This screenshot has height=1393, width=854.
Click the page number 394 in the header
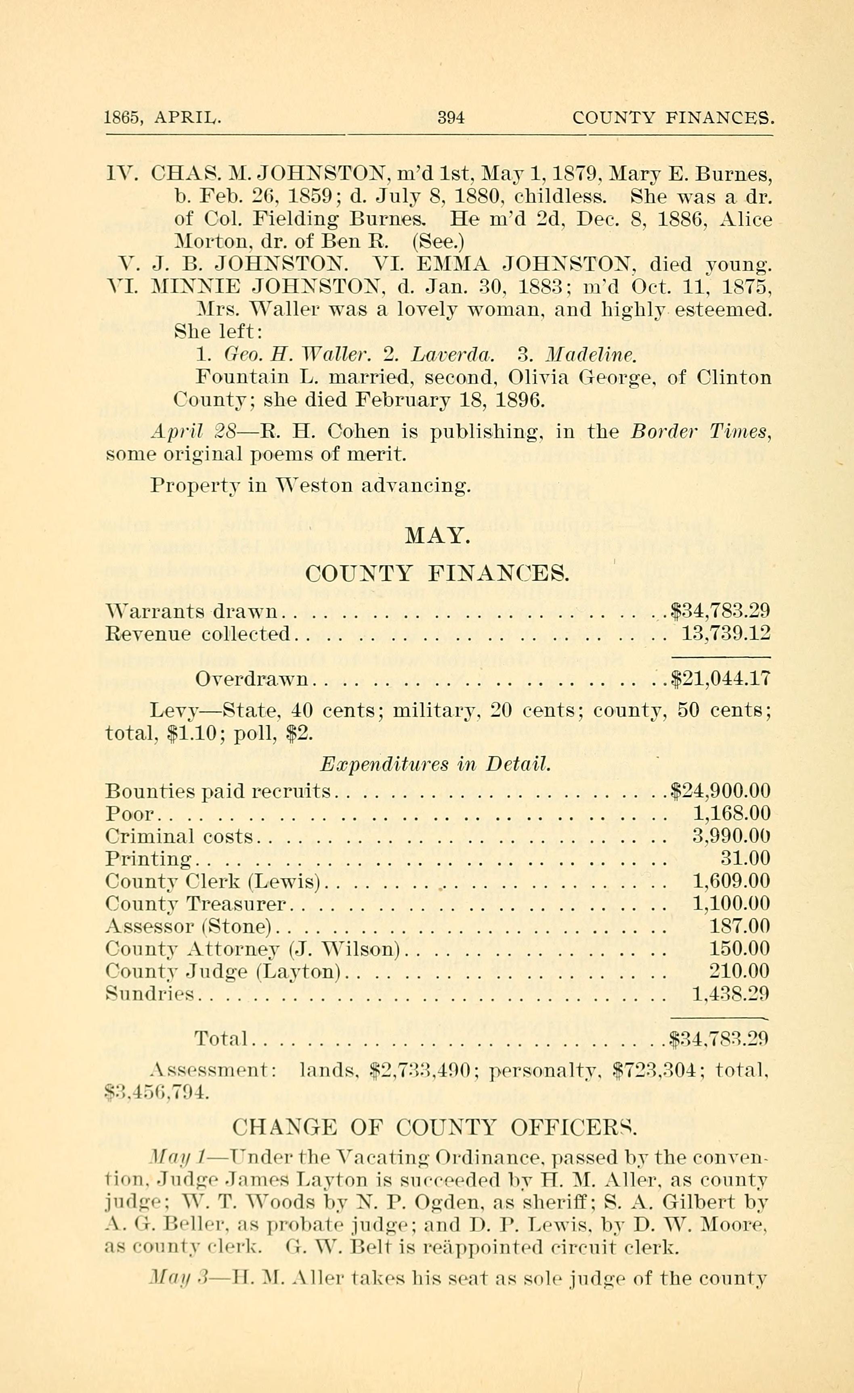coord(451,117)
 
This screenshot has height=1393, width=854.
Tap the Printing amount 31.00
coord(745,859)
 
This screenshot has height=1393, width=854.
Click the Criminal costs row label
coord(179,837)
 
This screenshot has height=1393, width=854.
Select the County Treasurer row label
coord(196,904)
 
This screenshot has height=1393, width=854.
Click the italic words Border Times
coord(700,432)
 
